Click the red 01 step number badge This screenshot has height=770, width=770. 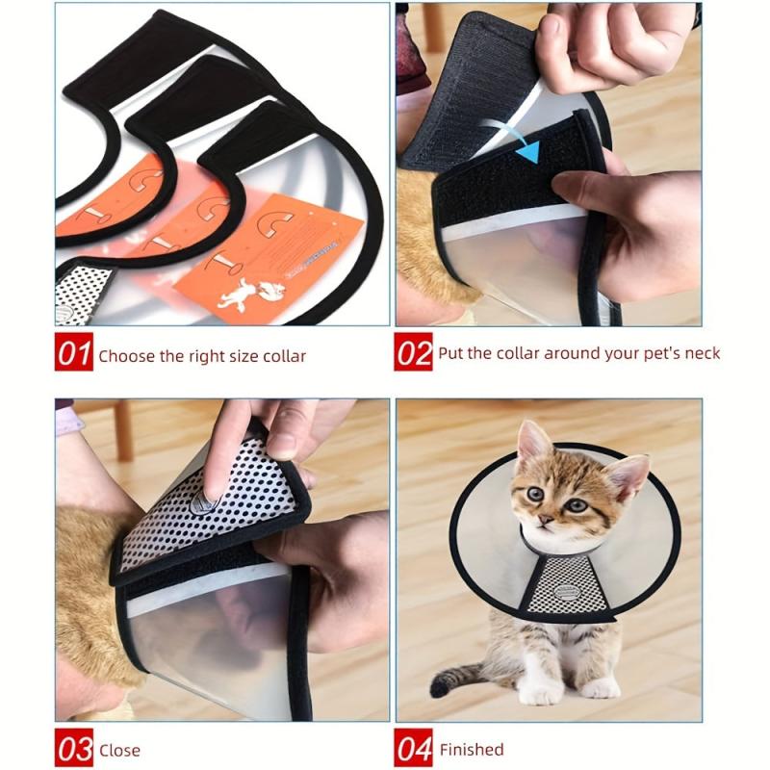[74, 354]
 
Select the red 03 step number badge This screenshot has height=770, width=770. [74, 749]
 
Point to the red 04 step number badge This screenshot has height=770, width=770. [414, 749]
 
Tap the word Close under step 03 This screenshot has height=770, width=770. [119, 750]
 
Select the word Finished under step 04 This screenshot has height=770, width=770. [472, 749]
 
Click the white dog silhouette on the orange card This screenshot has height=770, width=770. [236, 294]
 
